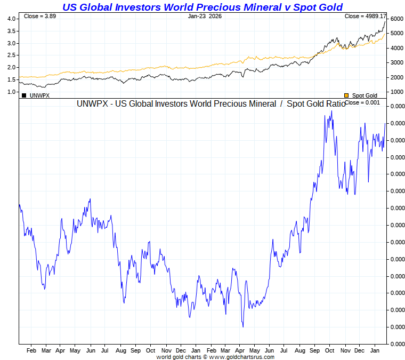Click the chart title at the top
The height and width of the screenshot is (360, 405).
(x=203, y=7)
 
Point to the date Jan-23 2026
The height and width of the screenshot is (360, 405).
(x=205, y=17)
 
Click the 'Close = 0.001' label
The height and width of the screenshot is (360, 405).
(x=362, y=102)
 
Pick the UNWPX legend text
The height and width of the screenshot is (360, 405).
(x=39, y=95)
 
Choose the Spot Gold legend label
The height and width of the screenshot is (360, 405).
(x=365, y=95)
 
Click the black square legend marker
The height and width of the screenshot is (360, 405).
(x=24, y=95)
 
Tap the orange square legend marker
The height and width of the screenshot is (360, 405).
(x=346, y=95)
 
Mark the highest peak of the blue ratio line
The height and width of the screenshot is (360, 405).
(x=331, y=110)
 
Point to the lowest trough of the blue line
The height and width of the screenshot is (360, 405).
(x=243, y=326)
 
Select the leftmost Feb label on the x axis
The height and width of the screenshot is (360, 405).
(x=31, y=351)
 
